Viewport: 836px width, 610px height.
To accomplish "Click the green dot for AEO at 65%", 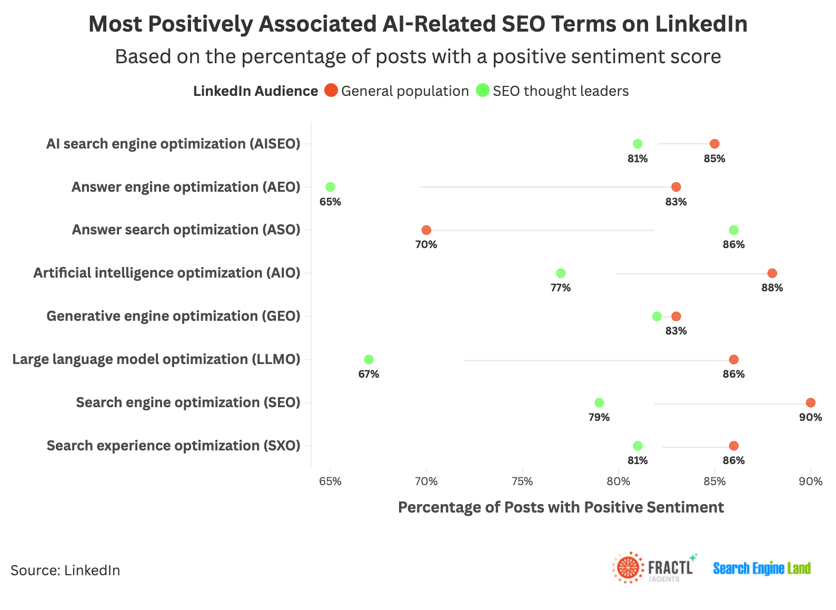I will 330,187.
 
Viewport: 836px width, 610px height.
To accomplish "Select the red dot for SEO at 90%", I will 810,403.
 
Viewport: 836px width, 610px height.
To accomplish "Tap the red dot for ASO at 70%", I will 426,230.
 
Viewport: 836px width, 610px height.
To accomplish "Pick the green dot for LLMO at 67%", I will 369,360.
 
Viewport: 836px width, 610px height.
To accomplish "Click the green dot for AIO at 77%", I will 561,273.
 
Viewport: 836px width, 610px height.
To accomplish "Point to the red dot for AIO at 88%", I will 772,273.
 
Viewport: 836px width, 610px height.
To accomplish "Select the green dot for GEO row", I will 656,317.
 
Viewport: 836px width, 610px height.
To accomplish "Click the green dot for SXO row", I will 638,446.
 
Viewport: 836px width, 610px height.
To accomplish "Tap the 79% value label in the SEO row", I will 599,418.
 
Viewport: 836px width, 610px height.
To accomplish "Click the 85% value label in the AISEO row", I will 714,159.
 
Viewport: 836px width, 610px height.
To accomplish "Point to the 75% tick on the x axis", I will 522,481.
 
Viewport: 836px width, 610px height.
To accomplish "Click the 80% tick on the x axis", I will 618,481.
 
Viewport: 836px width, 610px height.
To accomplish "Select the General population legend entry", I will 396,91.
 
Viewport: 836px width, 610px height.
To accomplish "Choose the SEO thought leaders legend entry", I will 552,91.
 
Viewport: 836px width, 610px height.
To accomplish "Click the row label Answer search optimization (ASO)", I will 186,230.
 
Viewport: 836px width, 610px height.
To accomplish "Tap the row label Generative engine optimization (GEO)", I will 173,317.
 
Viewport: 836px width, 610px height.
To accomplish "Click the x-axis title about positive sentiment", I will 561,507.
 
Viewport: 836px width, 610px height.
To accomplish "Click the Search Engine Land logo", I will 762,568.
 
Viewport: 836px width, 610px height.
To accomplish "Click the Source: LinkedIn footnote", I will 65,570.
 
